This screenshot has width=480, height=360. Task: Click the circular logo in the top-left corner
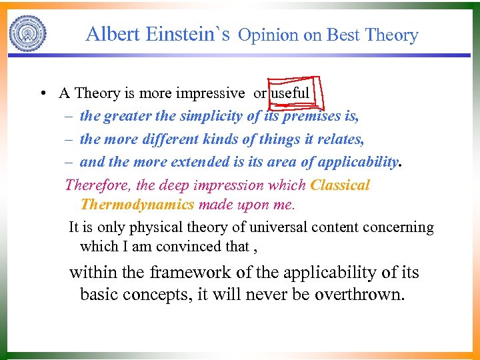(28, 33)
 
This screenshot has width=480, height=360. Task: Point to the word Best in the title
(342, 35)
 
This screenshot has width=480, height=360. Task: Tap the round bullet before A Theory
(42, 94)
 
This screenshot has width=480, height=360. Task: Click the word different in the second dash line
(166, 139)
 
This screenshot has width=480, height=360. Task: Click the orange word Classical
(340, 185)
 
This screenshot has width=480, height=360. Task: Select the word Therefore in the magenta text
(98, 185)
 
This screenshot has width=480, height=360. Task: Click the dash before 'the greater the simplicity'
(70, 117)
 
